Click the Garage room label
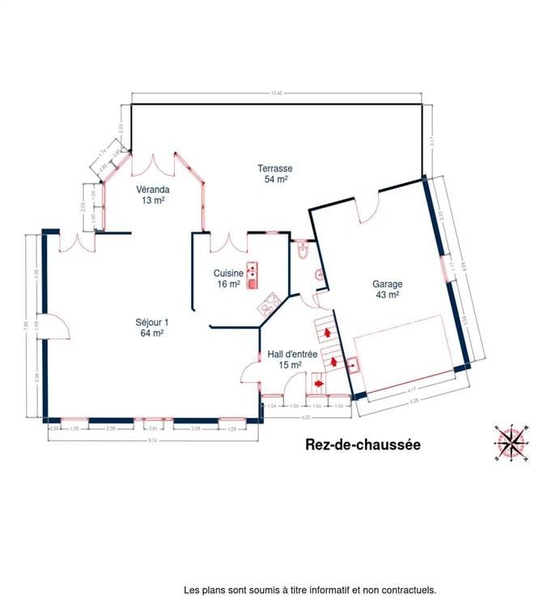click(x=386, y=284)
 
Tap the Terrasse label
click(x=276, y=168)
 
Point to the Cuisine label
click(x=228, y=274)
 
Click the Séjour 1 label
click(x=152, y=321)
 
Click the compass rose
click(x=511, y=442)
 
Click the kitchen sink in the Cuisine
click(x=252, y=275)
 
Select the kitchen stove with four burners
click(x=269, y=304)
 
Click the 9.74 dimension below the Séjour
click(x=152, y=440)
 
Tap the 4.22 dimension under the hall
click(x=306, y=416)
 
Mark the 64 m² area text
click(x=152, y=333)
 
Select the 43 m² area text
click(x=386, y=296)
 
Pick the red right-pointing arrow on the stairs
click(x=318, y=383)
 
